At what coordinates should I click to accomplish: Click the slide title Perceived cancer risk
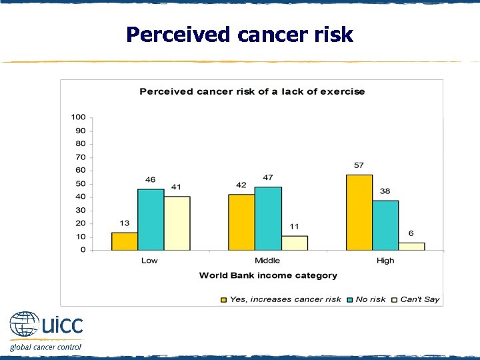pos(239,34)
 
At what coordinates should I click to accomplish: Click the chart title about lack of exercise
pos(252,91)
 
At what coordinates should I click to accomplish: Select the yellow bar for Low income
pos(124,241)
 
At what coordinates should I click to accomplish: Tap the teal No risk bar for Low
pos(151,219)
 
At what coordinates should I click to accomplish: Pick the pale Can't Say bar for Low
pos(177,223)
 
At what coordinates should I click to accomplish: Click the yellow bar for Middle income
pos(241,222)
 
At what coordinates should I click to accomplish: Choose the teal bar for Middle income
pos(268,219)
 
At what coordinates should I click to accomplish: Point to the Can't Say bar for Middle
pos(294,243)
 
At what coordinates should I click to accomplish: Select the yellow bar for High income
pos(359,212)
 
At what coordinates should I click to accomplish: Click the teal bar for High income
pos(385,225)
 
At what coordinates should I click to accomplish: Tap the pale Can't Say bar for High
pos(411,246)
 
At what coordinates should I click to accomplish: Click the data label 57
pos(359,165)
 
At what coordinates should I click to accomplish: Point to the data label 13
pos(124,223)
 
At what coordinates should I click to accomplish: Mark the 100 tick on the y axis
pos(79,117)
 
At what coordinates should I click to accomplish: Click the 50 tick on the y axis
pos(79,183)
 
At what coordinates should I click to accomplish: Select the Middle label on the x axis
pos(267,261)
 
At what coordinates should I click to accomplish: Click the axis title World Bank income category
pos(268,275)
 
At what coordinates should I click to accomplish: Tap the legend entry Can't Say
pos(419,299)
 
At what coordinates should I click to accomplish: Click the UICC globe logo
pos(24,325)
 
